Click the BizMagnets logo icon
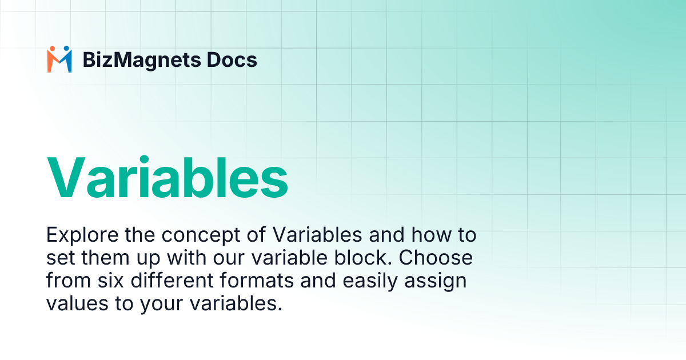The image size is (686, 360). click(59, 59)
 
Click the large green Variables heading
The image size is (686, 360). click(167, 177)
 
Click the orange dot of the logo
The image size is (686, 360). click(51, 49)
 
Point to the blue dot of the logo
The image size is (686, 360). click(66, 49)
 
